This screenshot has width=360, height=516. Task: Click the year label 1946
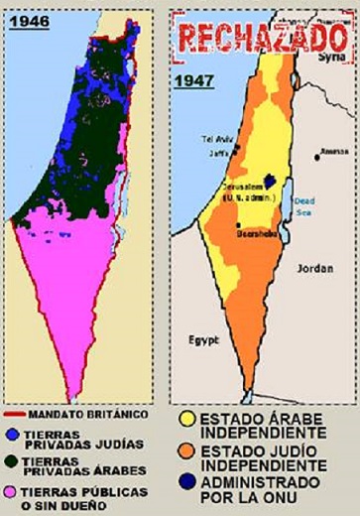[30, 21]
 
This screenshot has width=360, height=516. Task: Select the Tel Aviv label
[217, 138]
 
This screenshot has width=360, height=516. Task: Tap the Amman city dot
[316, 155]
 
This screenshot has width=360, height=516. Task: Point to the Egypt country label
[202, 342]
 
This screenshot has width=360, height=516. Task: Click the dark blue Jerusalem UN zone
[270, 184]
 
